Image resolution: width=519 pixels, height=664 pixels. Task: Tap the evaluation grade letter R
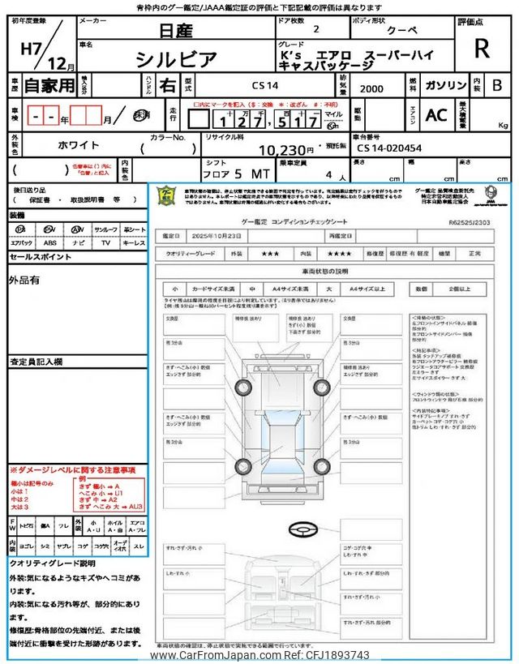click(x=482, y=49)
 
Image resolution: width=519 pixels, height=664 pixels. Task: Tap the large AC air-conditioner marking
click(x=436, y=116)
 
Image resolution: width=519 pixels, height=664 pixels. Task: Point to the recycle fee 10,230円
click(x=285, y=150)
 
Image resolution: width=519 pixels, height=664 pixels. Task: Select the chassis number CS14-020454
click(x=389, y=148)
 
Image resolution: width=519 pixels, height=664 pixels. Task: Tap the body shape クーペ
click(x=402, y=28)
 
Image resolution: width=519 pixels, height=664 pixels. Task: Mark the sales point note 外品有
click(x=24, y=281)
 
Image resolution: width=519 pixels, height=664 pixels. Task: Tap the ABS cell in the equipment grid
click(x=50, y=242)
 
